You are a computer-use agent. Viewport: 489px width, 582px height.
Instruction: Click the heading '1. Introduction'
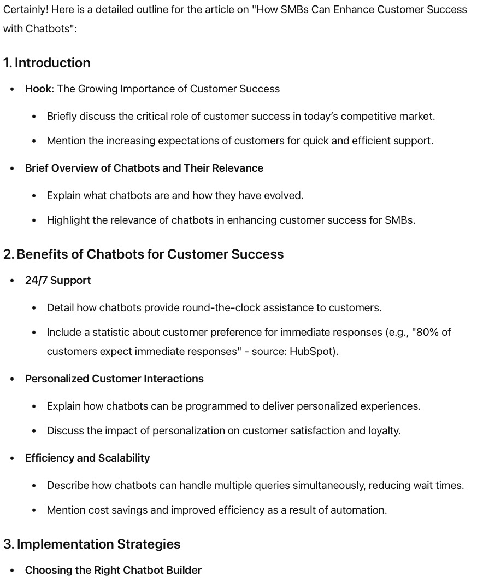(x=46, y=63)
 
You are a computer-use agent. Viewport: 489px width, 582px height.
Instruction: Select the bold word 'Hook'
(x=38, y=89)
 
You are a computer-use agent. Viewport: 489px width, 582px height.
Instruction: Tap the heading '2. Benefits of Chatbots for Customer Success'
(x=143, y=254)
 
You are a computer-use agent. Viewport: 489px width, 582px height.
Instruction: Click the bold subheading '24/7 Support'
(x=58, y=281)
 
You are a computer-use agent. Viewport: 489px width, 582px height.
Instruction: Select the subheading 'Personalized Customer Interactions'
(x=114, y=379)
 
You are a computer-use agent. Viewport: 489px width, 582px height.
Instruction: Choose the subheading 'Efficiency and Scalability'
(x=87, y=458)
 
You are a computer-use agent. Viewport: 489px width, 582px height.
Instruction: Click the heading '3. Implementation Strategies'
(x=92, y=544)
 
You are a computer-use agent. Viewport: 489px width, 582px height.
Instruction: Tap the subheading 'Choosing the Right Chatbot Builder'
(x=113, y=571)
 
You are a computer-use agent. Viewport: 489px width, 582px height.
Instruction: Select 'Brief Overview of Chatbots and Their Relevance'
(x=144, y=168)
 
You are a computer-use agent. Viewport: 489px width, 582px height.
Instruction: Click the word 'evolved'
(x=284, y=196)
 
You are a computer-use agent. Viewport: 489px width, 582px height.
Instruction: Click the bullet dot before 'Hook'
(x=13, y=90)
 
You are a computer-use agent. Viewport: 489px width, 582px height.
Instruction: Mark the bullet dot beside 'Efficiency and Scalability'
(x=13, y=459)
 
